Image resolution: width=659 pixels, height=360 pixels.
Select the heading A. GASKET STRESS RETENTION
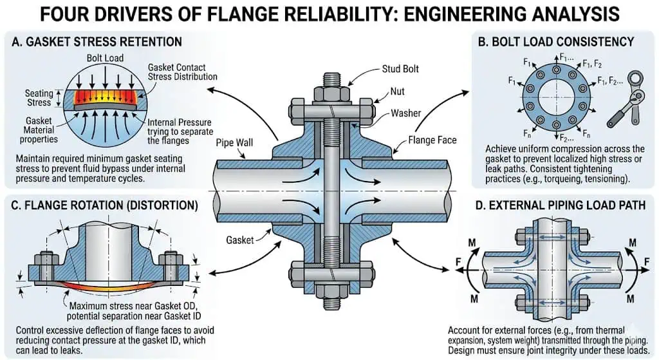97,42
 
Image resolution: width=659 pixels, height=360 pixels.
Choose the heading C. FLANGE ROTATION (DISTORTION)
103,208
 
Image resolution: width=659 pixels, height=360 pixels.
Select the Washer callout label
406,113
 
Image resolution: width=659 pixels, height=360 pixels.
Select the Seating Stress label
39,98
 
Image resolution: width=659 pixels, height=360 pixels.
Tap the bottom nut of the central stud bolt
329,290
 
